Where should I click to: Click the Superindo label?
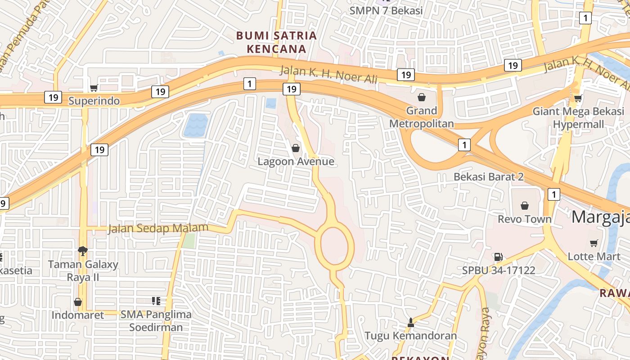(94, 101)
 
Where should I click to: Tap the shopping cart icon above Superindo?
(94, 88)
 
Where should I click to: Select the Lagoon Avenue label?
(296, 161)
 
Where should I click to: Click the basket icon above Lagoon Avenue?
(296, 148)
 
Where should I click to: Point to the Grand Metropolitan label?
(422, 117)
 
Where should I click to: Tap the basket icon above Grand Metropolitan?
(422, 97)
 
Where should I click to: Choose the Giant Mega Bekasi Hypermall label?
(578, 117)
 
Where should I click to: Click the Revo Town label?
(524, 219)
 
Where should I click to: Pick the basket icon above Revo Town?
(524, 206)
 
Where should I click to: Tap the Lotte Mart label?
(594, 256)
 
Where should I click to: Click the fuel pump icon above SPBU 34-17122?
(498, 257)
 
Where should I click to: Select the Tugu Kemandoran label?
(410, 336)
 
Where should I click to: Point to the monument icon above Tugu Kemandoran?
(410, 322)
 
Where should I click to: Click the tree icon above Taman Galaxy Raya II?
(82, 250)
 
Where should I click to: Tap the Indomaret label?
(78, 315)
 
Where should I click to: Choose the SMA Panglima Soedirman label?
(156, 320)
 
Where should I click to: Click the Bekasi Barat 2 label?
(488, 176)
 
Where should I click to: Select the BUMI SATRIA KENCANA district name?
(276, 42)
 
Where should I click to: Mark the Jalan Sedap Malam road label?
(158, 228)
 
